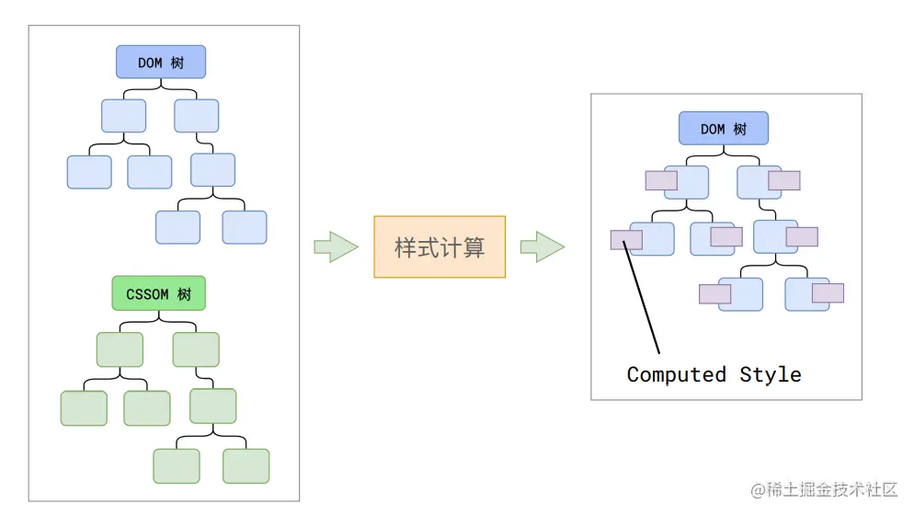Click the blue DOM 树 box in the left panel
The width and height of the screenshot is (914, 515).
tap(161, 63)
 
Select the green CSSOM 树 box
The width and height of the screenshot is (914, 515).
tap(158, 293)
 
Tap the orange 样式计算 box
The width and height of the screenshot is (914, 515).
tap(440, 246)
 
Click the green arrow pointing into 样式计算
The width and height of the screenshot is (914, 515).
tap(335, 246)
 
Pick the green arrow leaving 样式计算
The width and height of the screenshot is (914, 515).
tap(542, 246)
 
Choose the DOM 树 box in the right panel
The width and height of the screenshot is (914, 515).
tap(724, 129)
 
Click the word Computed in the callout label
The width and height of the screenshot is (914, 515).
tap(677, 374)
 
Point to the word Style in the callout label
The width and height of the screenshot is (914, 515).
tap(771, 374)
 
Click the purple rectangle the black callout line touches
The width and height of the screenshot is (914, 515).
tap(626, 240)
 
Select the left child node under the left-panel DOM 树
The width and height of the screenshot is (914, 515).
tap(123, 116)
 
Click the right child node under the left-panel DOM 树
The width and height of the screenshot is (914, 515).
tap(196, 116)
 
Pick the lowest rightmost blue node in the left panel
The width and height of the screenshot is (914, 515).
tap(245, 227)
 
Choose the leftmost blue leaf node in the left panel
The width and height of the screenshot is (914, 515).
tap(89, 172)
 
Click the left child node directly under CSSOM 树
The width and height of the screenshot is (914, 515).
tap(120, 349)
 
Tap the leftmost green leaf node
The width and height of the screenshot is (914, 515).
tap(83, 408)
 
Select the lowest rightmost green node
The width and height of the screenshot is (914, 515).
tap(246, 466)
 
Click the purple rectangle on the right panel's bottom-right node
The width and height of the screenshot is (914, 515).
tap(828, 293)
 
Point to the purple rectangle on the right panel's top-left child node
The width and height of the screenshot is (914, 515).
tap(661, 180)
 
